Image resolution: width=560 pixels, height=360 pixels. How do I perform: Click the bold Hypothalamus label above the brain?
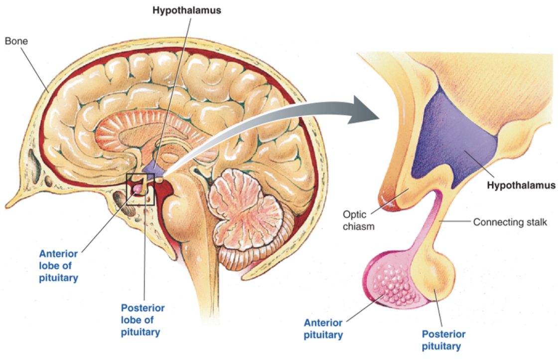click(x=186, y=10)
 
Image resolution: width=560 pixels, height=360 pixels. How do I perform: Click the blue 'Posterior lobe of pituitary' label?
click(x=143, y=320)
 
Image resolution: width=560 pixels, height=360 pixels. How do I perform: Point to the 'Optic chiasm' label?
click(x=355, y=220)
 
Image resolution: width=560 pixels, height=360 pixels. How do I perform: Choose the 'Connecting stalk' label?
click(x=510, y=222)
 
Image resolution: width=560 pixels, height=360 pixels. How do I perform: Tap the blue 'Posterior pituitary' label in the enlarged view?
click(x=443, y=340)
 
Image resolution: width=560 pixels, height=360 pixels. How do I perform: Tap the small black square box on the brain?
click(x=140, y=189)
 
